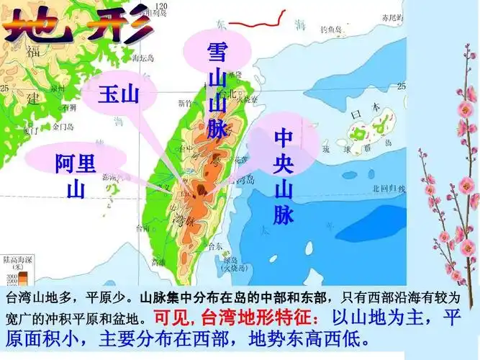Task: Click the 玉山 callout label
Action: (118, 94)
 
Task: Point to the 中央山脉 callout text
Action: (283, 176)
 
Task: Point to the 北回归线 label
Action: (383, 189)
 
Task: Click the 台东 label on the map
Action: (214, 246)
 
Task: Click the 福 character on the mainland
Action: (32, 50)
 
